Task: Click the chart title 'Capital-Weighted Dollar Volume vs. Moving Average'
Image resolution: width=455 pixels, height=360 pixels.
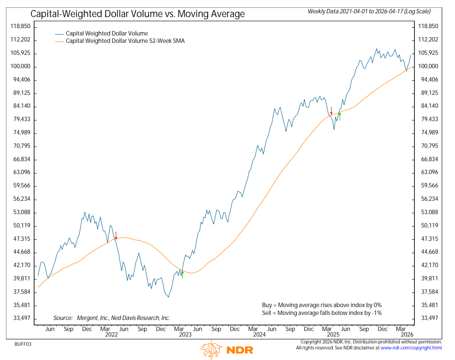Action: (138, 14)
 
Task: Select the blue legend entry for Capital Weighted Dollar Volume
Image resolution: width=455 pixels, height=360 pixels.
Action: (107, 33)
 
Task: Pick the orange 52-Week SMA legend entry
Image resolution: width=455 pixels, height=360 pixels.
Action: (125, 41)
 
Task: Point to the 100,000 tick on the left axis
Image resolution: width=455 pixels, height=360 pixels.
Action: (20, 66)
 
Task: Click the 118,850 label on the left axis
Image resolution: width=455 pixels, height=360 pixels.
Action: (20, 26)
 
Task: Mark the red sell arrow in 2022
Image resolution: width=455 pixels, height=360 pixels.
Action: (116, 235)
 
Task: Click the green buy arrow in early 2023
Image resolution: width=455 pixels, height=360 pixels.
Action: (183, 274)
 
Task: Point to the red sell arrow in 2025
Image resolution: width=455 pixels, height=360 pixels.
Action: (331, 111)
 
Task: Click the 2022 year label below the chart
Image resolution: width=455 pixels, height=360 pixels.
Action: (111, 335)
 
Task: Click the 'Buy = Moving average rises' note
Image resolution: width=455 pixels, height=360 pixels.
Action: (321, 305)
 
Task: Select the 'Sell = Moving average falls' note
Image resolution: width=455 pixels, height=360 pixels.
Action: (321, 313)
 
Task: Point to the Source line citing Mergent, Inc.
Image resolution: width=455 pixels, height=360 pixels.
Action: (111, 318)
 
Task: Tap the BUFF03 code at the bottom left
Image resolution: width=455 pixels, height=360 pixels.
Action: (23, 343)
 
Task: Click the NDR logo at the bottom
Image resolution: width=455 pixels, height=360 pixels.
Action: (227, 350)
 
